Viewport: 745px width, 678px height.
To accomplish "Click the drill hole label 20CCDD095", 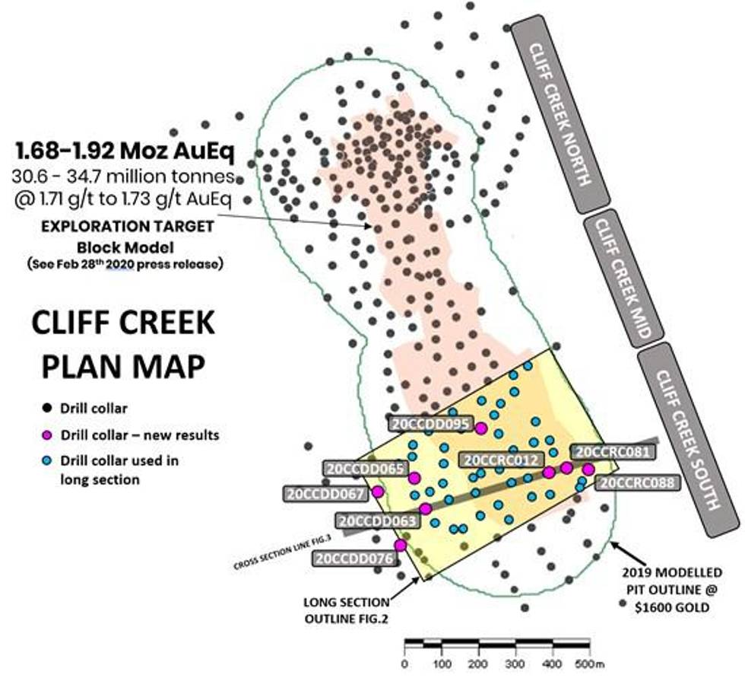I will pos(430,424).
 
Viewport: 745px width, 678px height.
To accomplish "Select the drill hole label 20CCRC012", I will pos(502,460).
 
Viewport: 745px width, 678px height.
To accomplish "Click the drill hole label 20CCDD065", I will pos(364,469).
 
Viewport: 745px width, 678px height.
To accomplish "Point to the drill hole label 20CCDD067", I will pos(325,493).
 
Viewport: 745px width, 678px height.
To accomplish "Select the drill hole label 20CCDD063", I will pos(378,521).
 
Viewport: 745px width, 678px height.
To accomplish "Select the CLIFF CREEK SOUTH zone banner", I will pos(687,440).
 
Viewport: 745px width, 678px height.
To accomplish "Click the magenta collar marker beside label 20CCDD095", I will pos(480,428).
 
